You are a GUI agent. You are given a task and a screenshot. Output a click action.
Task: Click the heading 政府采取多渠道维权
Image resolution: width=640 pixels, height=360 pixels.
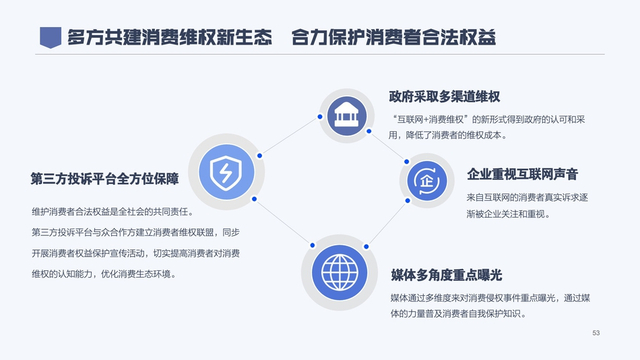tap(443, 97)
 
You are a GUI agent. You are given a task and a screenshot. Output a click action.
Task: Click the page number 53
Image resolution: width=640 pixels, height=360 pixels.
tap(597, 332)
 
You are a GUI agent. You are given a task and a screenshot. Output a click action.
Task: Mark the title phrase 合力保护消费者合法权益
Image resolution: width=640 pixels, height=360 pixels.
tap(394, 38)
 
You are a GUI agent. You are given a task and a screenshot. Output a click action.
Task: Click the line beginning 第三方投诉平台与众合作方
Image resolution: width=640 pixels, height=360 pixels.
tap(135, 233)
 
